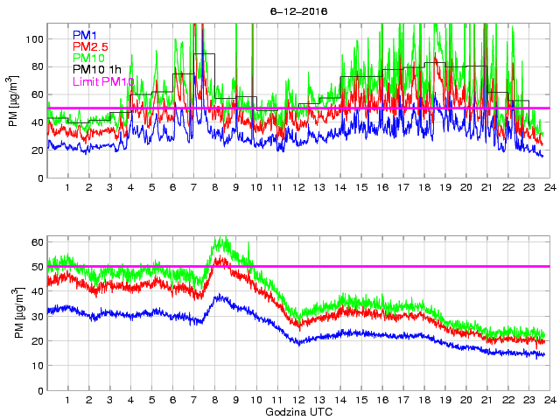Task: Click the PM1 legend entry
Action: [x=86, y=35]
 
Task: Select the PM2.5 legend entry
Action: [x=91, y=46]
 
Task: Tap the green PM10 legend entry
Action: [x=89, y=58]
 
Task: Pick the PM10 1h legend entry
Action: [x=97, y=69]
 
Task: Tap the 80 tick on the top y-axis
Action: [x=38, y=66]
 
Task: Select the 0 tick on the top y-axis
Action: [x=40, y=178]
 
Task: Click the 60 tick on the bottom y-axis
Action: [x=38, y=241]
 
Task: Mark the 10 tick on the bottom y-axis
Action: [x=38, y=366]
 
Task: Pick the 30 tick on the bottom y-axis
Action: [x=38, y=316]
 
